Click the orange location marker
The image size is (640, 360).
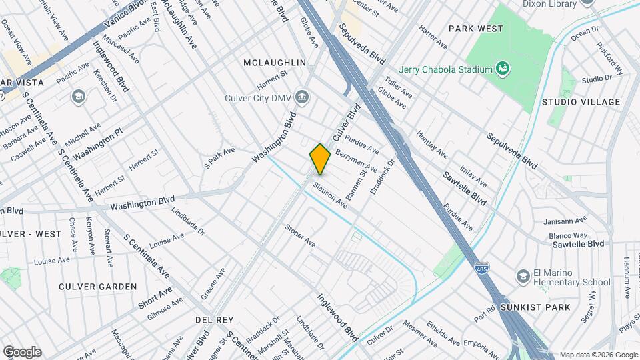[320, 159]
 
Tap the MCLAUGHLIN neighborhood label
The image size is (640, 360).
[275, 63]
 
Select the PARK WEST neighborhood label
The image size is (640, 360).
[475, 29]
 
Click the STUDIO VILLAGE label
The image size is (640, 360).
[580, 102]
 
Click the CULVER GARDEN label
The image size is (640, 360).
[97, 287]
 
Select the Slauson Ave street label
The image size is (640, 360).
[331, 193]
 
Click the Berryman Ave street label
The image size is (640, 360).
[356, 160]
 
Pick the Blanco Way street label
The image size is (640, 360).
[568, 235]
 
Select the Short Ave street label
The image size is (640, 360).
[155, 297]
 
